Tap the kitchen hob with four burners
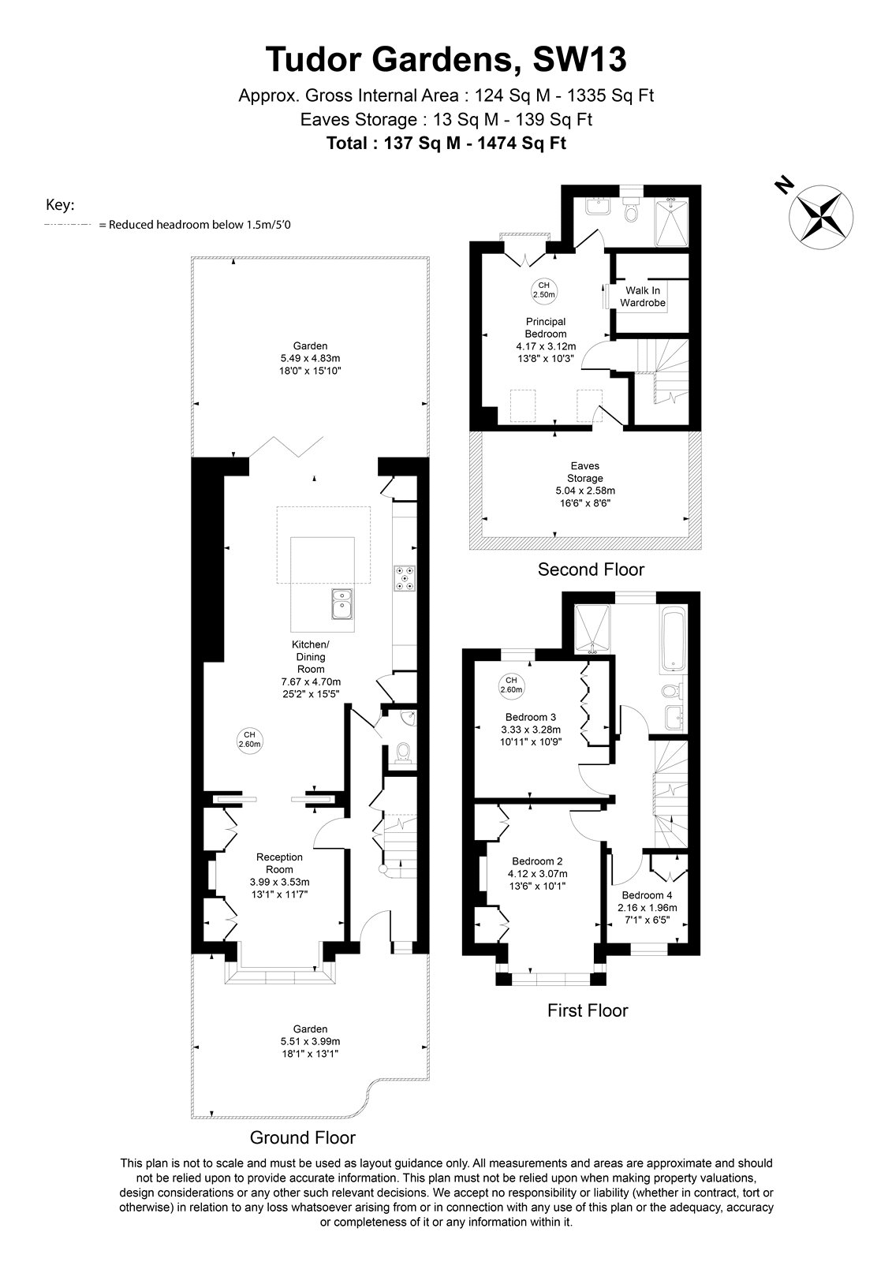pos(404,578)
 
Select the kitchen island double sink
pos(342,603)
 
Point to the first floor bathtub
pos(673,639)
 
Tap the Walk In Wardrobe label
pos(642,297)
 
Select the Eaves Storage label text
pos(585,472)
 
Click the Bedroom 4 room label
pos(647,894)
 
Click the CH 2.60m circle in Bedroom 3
pos(511,685)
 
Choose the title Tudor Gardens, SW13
pos(446,59)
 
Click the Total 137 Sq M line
pos(446,143)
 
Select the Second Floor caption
pos(591,569)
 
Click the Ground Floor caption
pos(303,1137)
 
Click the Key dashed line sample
pos(68,225)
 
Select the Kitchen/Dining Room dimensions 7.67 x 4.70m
pos(311,681)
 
